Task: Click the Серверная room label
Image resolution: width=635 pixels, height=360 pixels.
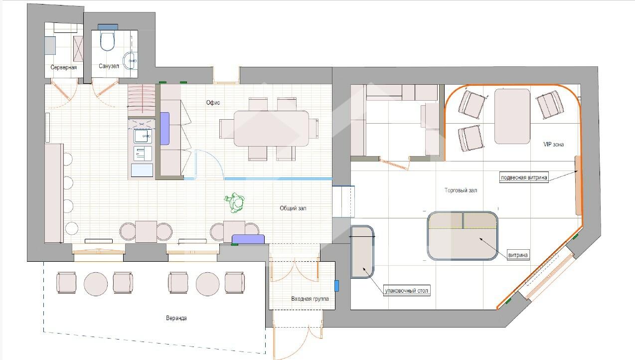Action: [x=63, y=67]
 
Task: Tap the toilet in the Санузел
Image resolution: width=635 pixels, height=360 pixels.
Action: [x=108, y=41]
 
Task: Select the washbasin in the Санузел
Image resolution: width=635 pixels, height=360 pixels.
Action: [x=130, y=61]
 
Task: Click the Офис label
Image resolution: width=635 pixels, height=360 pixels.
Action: [x=213, y=103]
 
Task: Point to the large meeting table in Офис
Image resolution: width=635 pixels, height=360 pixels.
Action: [x=271, y=129]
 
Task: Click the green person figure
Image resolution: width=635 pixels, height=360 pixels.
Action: [x=235, y=202]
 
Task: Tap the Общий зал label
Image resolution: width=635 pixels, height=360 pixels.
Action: [x=293, y=208]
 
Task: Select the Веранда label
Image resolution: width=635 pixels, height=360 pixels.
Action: [x=176, y=318]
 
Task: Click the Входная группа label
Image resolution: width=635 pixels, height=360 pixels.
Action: [x=310, y=299]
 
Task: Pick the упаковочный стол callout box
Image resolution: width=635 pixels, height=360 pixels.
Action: [x=407, y=291]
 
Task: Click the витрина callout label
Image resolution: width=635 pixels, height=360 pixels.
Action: [x=518, y=255]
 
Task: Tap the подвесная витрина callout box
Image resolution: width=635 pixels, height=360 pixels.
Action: [x=524, y=178]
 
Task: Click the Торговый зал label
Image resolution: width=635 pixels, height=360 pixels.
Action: [x=461, y=190]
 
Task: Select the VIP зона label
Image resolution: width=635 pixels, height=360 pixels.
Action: [x=553, y=145]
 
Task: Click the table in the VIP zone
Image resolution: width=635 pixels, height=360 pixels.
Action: [x=512, y=116]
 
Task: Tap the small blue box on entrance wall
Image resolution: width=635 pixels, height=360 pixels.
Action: [x=337, y=286]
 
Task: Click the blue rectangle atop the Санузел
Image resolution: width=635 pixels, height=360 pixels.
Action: [x=108, y=27]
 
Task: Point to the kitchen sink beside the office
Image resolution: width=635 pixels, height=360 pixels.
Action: [x=143, y=136]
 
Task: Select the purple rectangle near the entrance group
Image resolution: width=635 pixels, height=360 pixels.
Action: [x=248, y=239]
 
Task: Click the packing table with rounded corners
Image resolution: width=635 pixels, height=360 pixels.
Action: [x=362, y=252]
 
